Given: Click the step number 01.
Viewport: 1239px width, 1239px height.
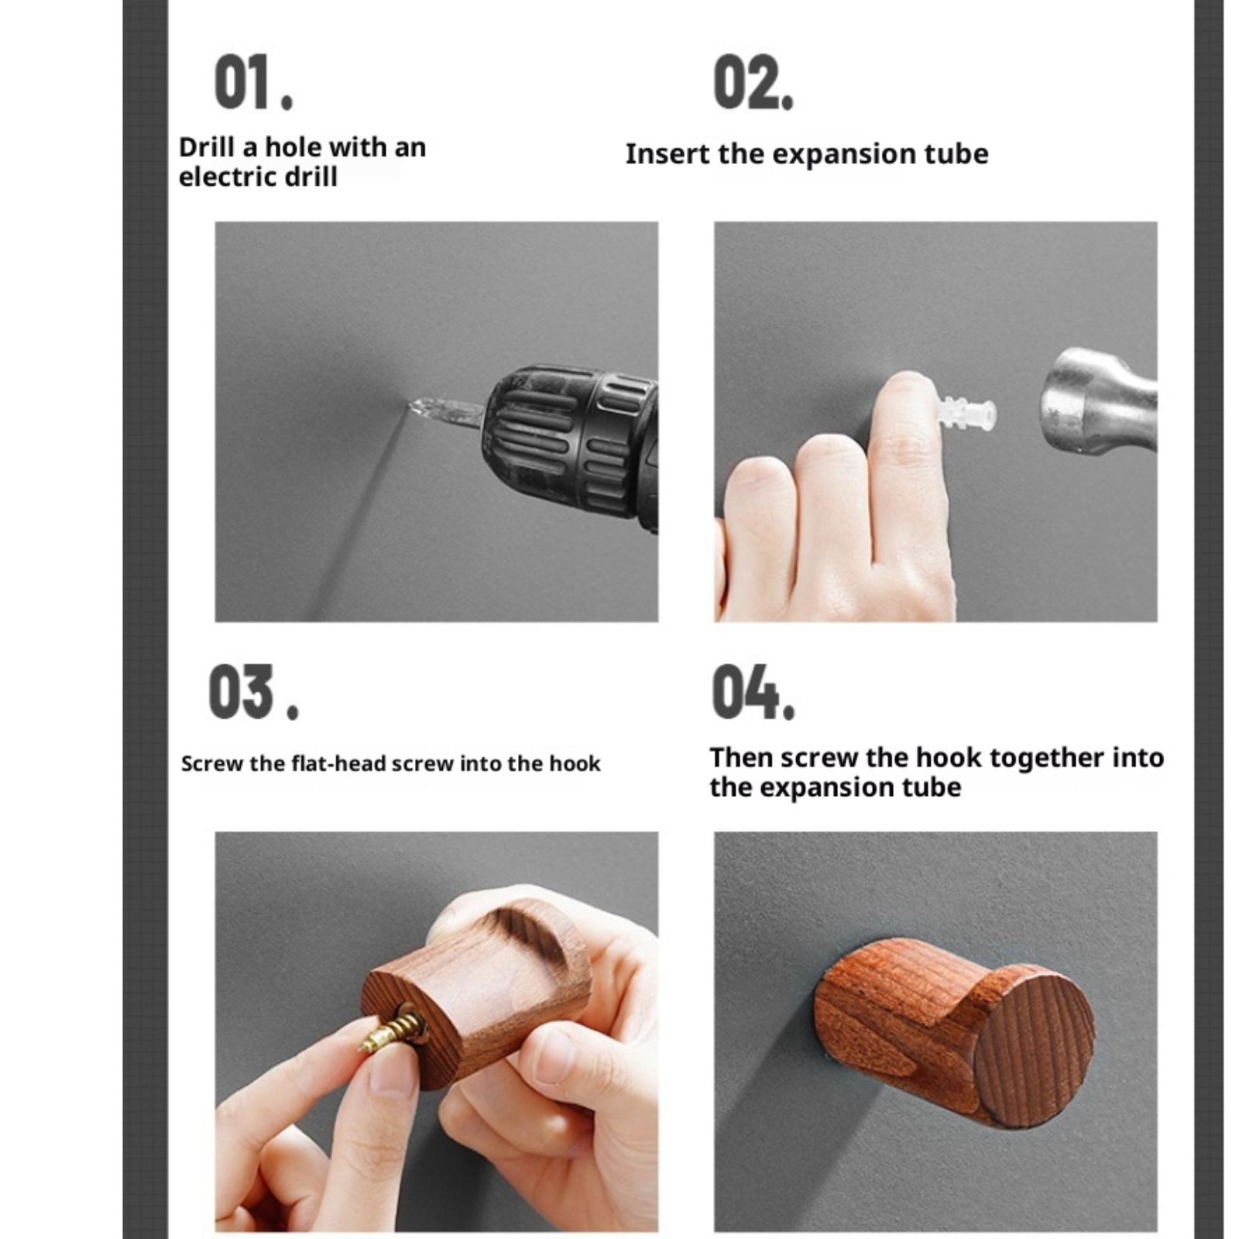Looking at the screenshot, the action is tap(253, 81).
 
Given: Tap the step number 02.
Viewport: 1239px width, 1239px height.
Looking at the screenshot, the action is tap(753, 81).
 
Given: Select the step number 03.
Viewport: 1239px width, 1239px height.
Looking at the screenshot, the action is tap(253, 692).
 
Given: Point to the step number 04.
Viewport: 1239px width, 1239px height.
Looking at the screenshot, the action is tap(753, 692).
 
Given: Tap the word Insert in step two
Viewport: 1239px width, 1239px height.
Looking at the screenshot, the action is tap(668, 153).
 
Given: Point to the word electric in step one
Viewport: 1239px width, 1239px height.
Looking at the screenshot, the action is tap(225, 177).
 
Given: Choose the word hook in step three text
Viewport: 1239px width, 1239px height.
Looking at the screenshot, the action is tap(575, 764).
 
